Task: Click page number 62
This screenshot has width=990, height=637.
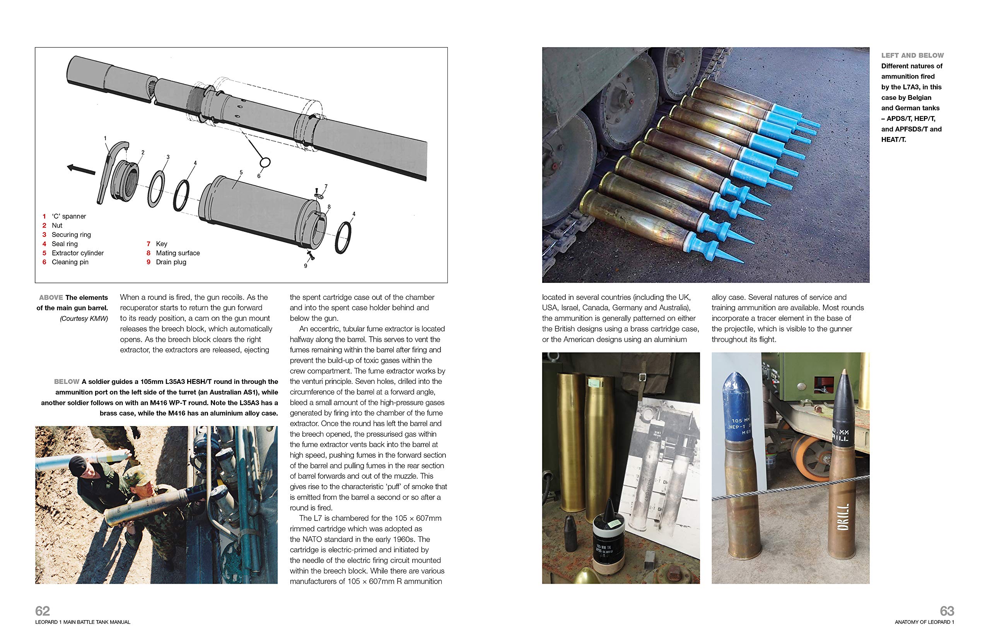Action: (43, 611)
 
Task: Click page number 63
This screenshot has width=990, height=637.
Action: (947, 611)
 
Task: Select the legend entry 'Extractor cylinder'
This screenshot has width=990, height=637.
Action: (78, 253)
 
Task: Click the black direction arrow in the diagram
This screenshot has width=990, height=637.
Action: (81, 169)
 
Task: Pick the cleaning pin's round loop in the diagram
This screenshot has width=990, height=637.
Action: (265, 162)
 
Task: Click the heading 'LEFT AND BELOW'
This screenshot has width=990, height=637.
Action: (912, 55)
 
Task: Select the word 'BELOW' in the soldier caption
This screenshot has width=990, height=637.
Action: (67, 381)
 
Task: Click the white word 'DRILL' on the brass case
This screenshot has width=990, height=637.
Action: (843, 517)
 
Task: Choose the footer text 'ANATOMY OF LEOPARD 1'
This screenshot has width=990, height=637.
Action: (925, 622)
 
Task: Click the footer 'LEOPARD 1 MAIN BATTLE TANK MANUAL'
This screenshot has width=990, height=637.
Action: (83, 622)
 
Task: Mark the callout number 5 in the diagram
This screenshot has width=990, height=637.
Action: (241, 173)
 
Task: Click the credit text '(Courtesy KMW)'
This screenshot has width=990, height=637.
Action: (84, 318)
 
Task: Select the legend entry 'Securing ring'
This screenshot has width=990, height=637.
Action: (71, 235)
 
